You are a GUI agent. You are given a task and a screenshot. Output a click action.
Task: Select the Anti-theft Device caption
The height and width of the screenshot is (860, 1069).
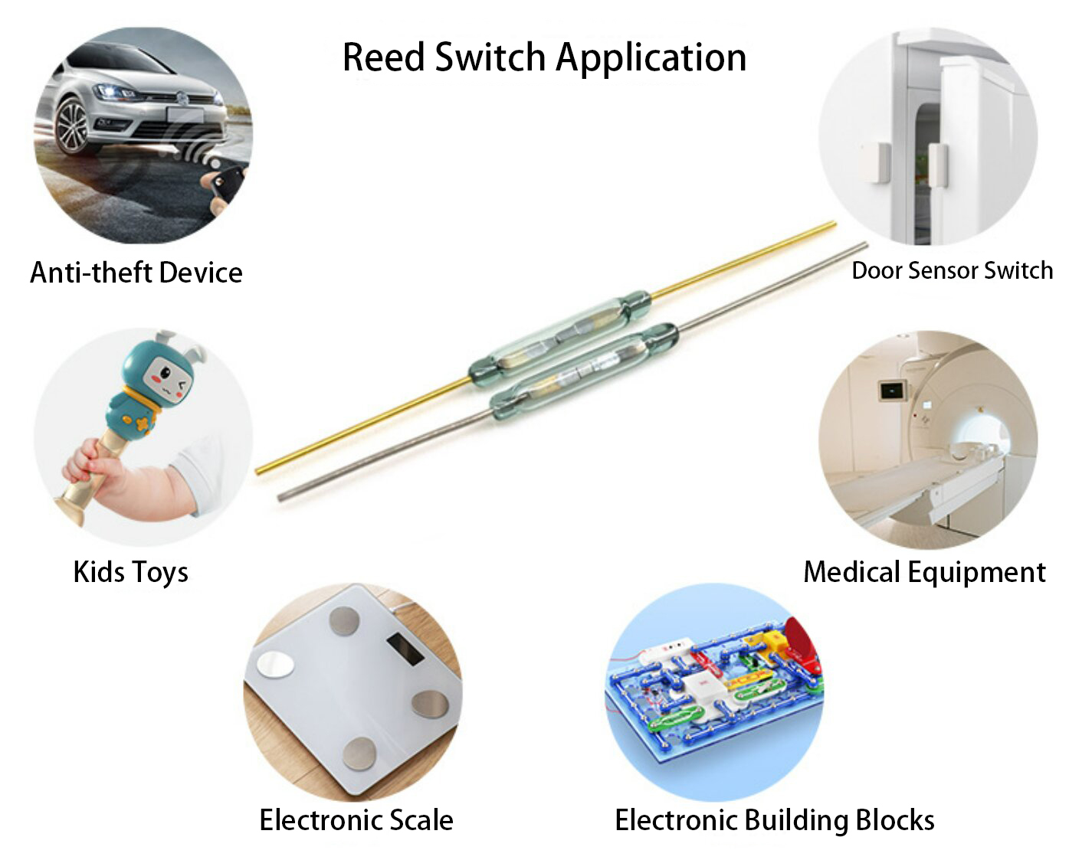(136, 273)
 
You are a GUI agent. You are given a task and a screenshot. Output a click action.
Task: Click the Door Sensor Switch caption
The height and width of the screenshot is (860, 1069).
(952, 270)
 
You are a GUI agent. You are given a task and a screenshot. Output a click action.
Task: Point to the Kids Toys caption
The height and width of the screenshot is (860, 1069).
(130, 572)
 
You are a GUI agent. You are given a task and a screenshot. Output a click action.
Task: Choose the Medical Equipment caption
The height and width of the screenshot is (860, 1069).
(924, 572)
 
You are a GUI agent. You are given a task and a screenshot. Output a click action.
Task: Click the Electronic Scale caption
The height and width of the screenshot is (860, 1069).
(356, 820)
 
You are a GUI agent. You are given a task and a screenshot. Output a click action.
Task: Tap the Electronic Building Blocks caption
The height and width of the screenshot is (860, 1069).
(774, 820)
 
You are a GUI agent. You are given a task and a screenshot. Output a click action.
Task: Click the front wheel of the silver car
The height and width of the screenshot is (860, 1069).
(72, 126)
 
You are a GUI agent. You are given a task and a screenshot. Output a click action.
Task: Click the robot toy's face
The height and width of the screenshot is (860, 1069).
(169, 376)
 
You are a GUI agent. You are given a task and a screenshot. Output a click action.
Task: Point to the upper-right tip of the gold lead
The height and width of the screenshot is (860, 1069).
(834, 224)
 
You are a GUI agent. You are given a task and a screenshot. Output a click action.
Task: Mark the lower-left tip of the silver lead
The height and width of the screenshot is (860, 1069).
(280, 498)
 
